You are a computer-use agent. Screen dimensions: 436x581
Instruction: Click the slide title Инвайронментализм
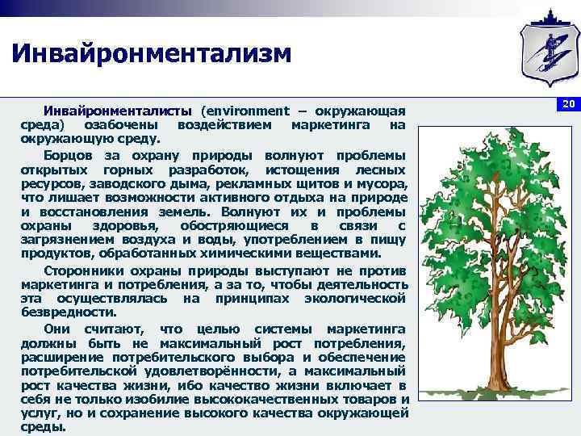click(150, 54)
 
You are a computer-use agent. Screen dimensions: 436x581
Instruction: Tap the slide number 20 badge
click(567, 105)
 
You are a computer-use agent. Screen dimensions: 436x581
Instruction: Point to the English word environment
click(245, 111)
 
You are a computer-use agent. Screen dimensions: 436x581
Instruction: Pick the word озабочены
click(120, 126)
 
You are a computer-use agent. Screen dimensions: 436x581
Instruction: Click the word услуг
click(37, 414)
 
